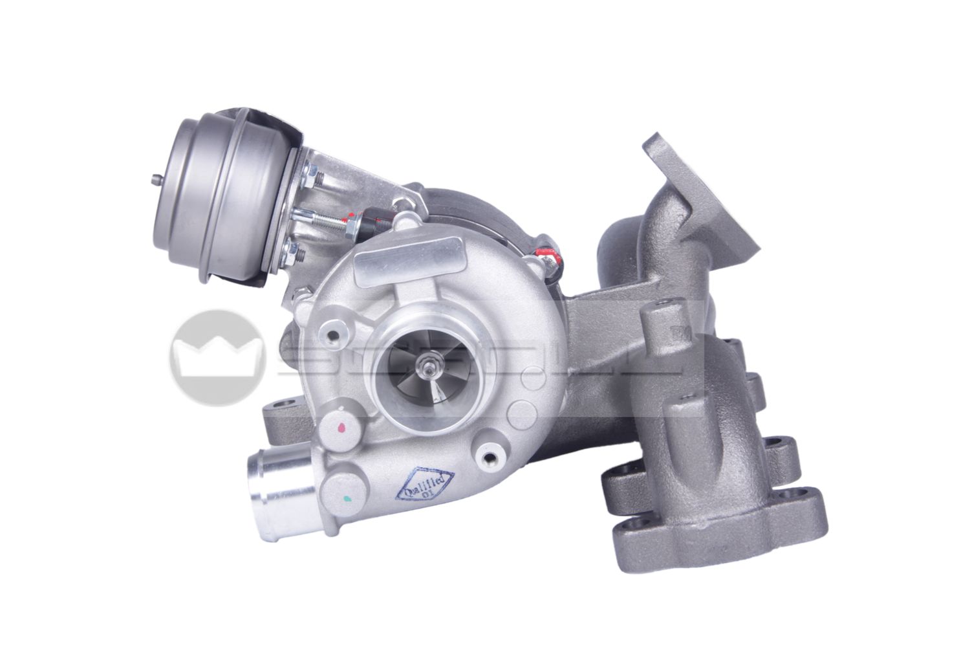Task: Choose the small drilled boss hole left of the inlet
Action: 334,335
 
